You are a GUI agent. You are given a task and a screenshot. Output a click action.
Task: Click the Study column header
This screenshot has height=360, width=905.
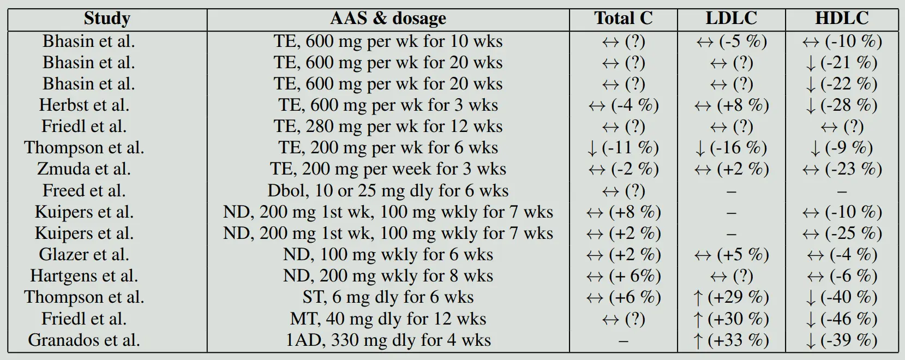pos(107,19)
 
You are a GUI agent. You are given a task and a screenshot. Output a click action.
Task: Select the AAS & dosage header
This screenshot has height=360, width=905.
pos(388,19)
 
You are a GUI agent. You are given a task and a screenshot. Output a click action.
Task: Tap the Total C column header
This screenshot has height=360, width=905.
pos(623,19)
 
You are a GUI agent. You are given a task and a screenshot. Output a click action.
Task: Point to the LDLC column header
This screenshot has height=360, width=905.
pos(731,19)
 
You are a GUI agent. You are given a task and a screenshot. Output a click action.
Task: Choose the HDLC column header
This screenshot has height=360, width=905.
pos(842,19)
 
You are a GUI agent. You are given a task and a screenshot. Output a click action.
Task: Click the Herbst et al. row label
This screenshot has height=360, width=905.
pos(84,105)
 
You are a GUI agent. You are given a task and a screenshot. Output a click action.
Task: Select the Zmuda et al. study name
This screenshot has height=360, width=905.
pos(84,169)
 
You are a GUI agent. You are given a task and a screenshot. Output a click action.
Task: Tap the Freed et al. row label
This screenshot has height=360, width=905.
pos(84,190)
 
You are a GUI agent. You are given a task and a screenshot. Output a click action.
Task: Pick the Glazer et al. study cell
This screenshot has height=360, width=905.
pos(84,255)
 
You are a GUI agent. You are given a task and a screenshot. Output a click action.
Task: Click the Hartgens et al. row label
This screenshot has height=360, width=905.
pos(84,276)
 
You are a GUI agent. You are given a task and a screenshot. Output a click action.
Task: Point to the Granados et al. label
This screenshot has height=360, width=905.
pos(84,340)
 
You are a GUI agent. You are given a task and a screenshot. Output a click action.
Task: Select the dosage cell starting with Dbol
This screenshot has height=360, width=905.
pos(388,190)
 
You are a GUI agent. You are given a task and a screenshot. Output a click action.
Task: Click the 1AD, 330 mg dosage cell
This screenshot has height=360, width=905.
pos(388,340)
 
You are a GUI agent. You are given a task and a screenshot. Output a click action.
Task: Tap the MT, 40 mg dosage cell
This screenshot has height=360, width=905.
pos(388,319)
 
